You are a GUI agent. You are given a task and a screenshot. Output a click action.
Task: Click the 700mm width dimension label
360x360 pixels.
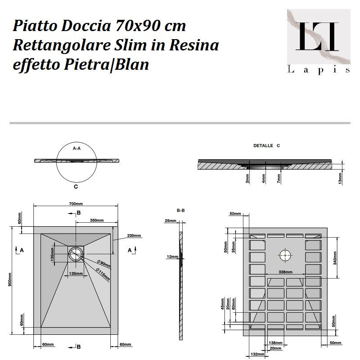coord(76,204)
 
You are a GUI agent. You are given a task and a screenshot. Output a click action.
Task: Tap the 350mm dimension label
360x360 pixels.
coord(97,220)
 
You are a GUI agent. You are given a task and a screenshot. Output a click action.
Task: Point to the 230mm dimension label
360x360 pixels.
coord(134,236)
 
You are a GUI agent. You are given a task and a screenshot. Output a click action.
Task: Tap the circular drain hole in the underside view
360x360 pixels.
coord(285,255)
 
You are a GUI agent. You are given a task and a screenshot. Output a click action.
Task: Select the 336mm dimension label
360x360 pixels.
coord(285,273)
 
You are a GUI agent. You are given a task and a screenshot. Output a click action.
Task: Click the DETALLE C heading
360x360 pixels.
coord(266,146)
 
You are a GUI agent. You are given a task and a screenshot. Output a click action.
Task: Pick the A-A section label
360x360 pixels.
coord(76,148)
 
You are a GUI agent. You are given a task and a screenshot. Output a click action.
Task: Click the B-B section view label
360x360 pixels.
coord(181,210)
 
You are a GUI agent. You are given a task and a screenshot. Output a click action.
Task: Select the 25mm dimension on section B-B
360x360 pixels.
coord(170,221)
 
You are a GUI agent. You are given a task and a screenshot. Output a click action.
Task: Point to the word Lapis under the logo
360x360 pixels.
coord(319,69)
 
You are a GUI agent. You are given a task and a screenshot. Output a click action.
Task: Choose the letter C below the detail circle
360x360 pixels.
coord(76,186)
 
